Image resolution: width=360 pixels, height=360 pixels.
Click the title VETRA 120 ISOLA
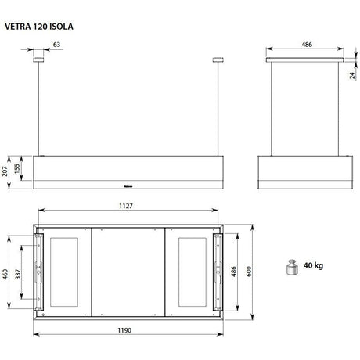pyautogui.click(x=39, y=27)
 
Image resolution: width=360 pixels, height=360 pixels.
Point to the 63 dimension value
pyautogui.click(x=56, y=45)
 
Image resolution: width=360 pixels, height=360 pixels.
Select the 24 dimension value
pyautogui.click(x=352, y=75)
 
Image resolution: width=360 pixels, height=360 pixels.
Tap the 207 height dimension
pyautogui.click(x=5, y=171)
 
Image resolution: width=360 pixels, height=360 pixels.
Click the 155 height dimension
pyautogui.click(x=17, y=168)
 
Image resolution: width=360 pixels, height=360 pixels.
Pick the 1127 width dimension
pyautogui.click(x=126, y=206)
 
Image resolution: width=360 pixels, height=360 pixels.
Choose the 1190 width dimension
pyautogui.click(x=124, y=330)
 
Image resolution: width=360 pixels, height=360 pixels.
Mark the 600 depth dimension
pyautogui.click(x=249, y=272)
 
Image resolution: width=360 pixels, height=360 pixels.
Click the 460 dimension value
pyautogui.click(x=5, y=275)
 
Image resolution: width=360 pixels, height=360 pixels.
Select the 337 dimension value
pyautogui.click(x=18, y=274)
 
